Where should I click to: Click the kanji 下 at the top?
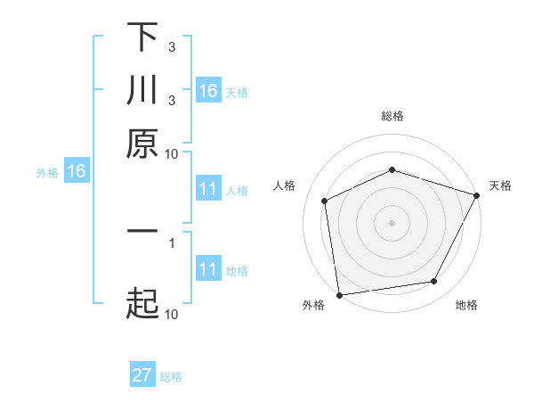[142, 38]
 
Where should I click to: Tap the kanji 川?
[142, 91]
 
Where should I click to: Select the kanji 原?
[142, 143]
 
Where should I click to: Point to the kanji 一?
[142, 230]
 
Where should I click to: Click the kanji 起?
[142, 302]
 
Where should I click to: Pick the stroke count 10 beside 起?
[172, 314]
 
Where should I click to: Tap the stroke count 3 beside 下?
[172, 45]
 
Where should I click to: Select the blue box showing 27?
[142, 375]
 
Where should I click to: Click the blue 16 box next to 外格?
[76, 172]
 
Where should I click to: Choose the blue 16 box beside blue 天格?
[208, 91]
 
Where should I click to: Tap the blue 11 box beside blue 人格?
[208, 189]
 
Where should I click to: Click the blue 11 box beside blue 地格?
[208, 269]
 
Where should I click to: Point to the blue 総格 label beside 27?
[171, 376]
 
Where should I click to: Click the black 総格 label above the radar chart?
[392, 116]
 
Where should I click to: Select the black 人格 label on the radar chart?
[285, 185]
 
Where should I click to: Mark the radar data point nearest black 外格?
[339, 294]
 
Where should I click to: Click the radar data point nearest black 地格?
[434, 282]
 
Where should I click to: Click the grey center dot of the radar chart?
[392, 223]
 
